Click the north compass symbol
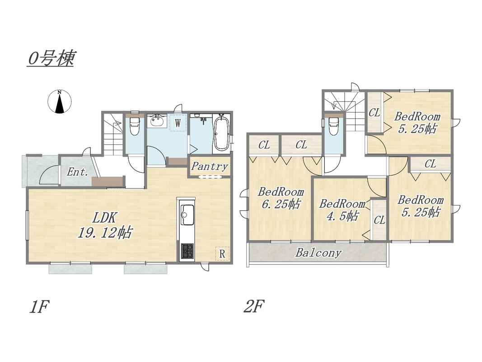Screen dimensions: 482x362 pyautogui.click(x=60, y=101)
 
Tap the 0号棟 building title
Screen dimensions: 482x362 pyautogui.click(x=51, y=58)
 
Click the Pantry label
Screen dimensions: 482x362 pyautogui.click(x=209, y=167)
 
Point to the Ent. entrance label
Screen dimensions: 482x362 pyautogui.click(x=77, y=172)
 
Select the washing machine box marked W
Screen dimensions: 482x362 pyautogui.click(x=178, y=123)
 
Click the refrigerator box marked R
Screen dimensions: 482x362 pyautogui.click(x=222, y=254)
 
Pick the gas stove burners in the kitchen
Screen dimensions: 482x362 pyautogui.click(x=187, y=251)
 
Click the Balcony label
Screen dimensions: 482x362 pyautogui.click(x=318, y=253)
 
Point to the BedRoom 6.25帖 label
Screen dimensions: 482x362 pyautogui.click(x=281, y=198)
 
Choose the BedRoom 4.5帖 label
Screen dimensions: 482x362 pyautogui.click(x=342, y=210)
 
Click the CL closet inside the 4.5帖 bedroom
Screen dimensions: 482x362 pyautogui.click(x=379, y=220)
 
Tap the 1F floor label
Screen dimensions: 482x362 pyautogui.click(x=39, y=307)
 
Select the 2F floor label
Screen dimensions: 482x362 pyautogui.click(x=253, y=307)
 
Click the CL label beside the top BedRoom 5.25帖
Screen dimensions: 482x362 pyautogui.click(x=374, y=113)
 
